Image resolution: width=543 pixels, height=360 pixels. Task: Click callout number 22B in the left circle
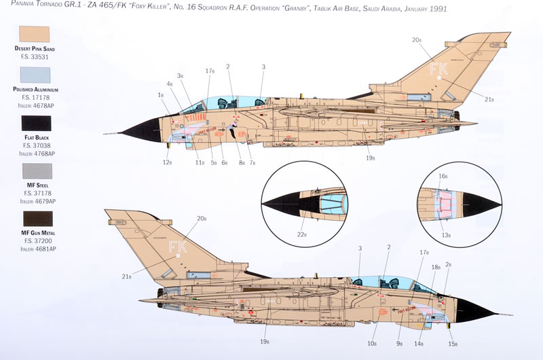(301, 235)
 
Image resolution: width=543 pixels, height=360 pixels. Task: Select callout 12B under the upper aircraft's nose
(166, 162)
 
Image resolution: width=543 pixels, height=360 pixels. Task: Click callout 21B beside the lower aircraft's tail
(126, 276)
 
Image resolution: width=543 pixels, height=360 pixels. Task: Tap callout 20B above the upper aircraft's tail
(416, 40)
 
